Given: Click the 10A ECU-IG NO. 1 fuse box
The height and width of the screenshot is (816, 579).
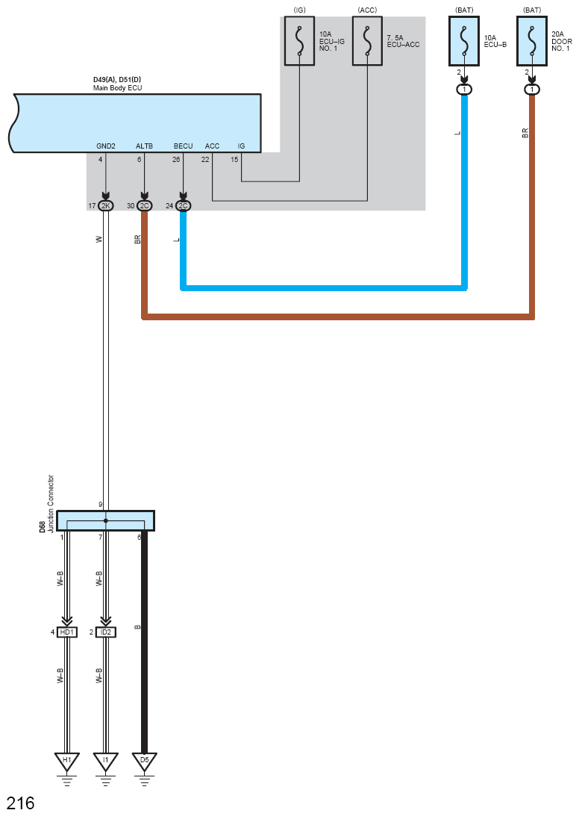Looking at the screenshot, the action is [299, 40].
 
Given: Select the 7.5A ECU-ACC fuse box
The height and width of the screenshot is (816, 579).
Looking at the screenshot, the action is [367, 40].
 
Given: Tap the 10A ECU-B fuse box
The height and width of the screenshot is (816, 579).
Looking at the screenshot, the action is [464, 40].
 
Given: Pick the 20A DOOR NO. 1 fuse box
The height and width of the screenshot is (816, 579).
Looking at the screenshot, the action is [532, 40].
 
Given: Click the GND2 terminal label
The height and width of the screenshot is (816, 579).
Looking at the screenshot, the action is [106, 146].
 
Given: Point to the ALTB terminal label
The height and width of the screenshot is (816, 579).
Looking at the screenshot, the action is [144, 146].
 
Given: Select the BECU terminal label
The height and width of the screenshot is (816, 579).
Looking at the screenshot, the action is [183, 146].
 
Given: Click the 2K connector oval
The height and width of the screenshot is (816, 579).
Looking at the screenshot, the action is [106, 206].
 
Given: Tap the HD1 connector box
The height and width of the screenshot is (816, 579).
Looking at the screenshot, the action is [67, 632].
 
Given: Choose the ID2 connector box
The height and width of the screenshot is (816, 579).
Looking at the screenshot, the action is [106, 632].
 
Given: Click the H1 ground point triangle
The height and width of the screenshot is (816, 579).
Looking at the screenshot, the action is [67, 762].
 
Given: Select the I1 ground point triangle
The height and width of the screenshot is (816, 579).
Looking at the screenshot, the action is [106, 762].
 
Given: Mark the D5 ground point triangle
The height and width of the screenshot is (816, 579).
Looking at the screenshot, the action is [144, 762].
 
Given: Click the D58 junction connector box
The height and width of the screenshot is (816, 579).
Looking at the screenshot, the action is [106, 520].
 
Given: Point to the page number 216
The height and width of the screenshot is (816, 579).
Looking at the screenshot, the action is [21, 803].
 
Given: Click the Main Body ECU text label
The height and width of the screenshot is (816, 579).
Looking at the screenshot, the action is [118, 88].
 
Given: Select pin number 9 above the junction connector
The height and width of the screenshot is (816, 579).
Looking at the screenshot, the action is [101, 505].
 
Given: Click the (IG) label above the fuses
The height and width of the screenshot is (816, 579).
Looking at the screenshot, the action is [300, 10].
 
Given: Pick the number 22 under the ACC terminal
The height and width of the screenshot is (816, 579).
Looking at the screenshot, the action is [205, 159].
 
